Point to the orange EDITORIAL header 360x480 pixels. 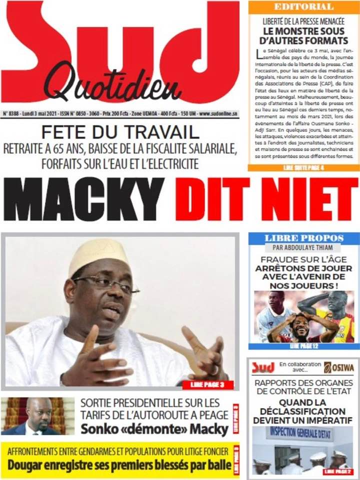303,7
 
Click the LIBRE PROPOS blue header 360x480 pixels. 303,238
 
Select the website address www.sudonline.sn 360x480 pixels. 218,114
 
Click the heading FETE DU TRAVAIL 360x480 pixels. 120,132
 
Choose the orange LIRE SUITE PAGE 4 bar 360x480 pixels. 303,167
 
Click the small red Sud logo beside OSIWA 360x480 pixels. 263,367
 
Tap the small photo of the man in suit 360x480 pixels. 37,416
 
